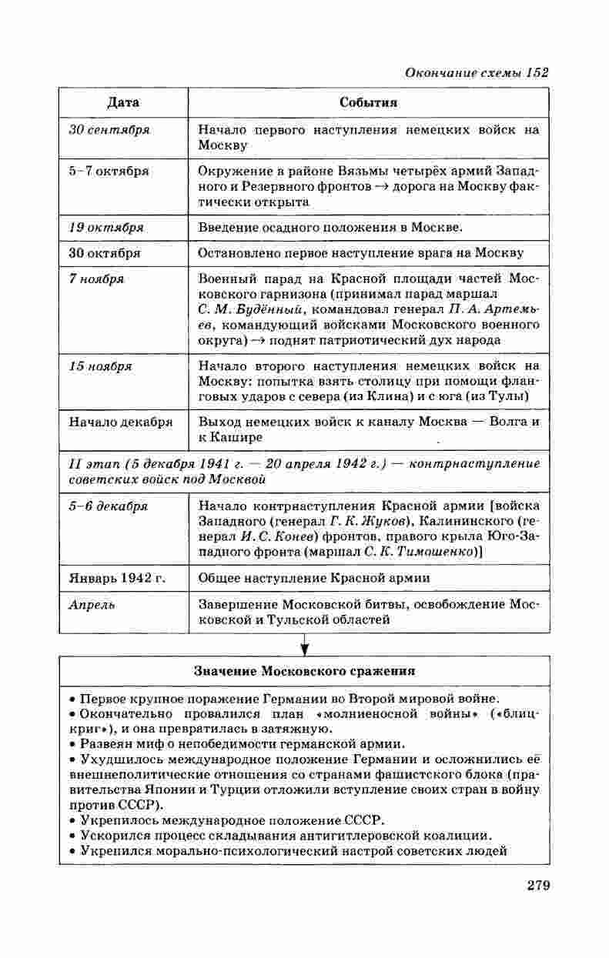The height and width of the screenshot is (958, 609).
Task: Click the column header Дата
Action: point(123,102)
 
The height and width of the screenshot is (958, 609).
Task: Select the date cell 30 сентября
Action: point(109,130)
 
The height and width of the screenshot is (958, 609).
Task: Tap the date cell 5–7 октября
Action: point(109,171)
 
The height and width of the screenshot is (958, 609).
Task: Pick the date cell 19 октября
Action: point(106,228)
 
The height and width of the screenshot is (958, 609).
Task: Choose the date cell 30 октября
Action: point(105,252)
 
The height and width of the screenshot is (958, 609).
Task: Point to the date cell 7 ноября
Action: point(97,279)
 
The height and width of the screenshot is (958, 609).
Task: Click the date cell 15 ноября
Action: point(100,366)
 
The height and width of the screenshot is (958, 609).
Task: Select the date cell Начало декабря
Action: point(121,422)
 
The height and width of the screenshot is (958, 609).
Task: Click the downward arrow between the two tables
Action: point(304,643)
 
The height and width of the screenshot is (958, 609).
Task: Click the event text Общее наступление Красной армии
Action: point(314,577)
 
